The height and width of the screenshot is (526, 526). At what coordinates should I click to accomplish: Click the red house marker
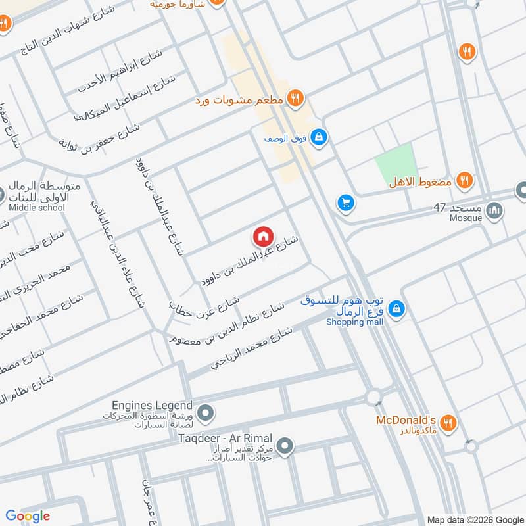point(263,235)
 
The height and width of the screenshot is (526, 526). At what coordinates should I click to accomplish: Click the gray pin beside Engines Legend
point(206,414)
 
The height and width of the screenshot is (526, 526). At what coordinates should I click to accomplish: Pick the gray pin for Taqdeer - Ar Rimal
point(285,447)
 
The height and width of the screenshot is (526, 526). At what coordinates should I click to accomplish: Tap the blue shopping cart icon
point(345,204)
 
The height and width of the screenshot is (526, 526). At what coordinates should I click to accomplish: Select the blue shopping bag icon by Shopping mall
point(396,308)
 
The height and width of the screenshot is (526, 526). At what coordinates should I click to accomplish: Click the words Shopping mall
point(355,322)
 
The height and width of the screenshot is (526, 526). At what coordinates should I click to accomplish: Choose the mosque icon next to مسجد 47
point(495,212)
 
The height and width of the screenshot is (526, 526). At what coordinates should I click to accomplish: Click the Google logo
point(28,516)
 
